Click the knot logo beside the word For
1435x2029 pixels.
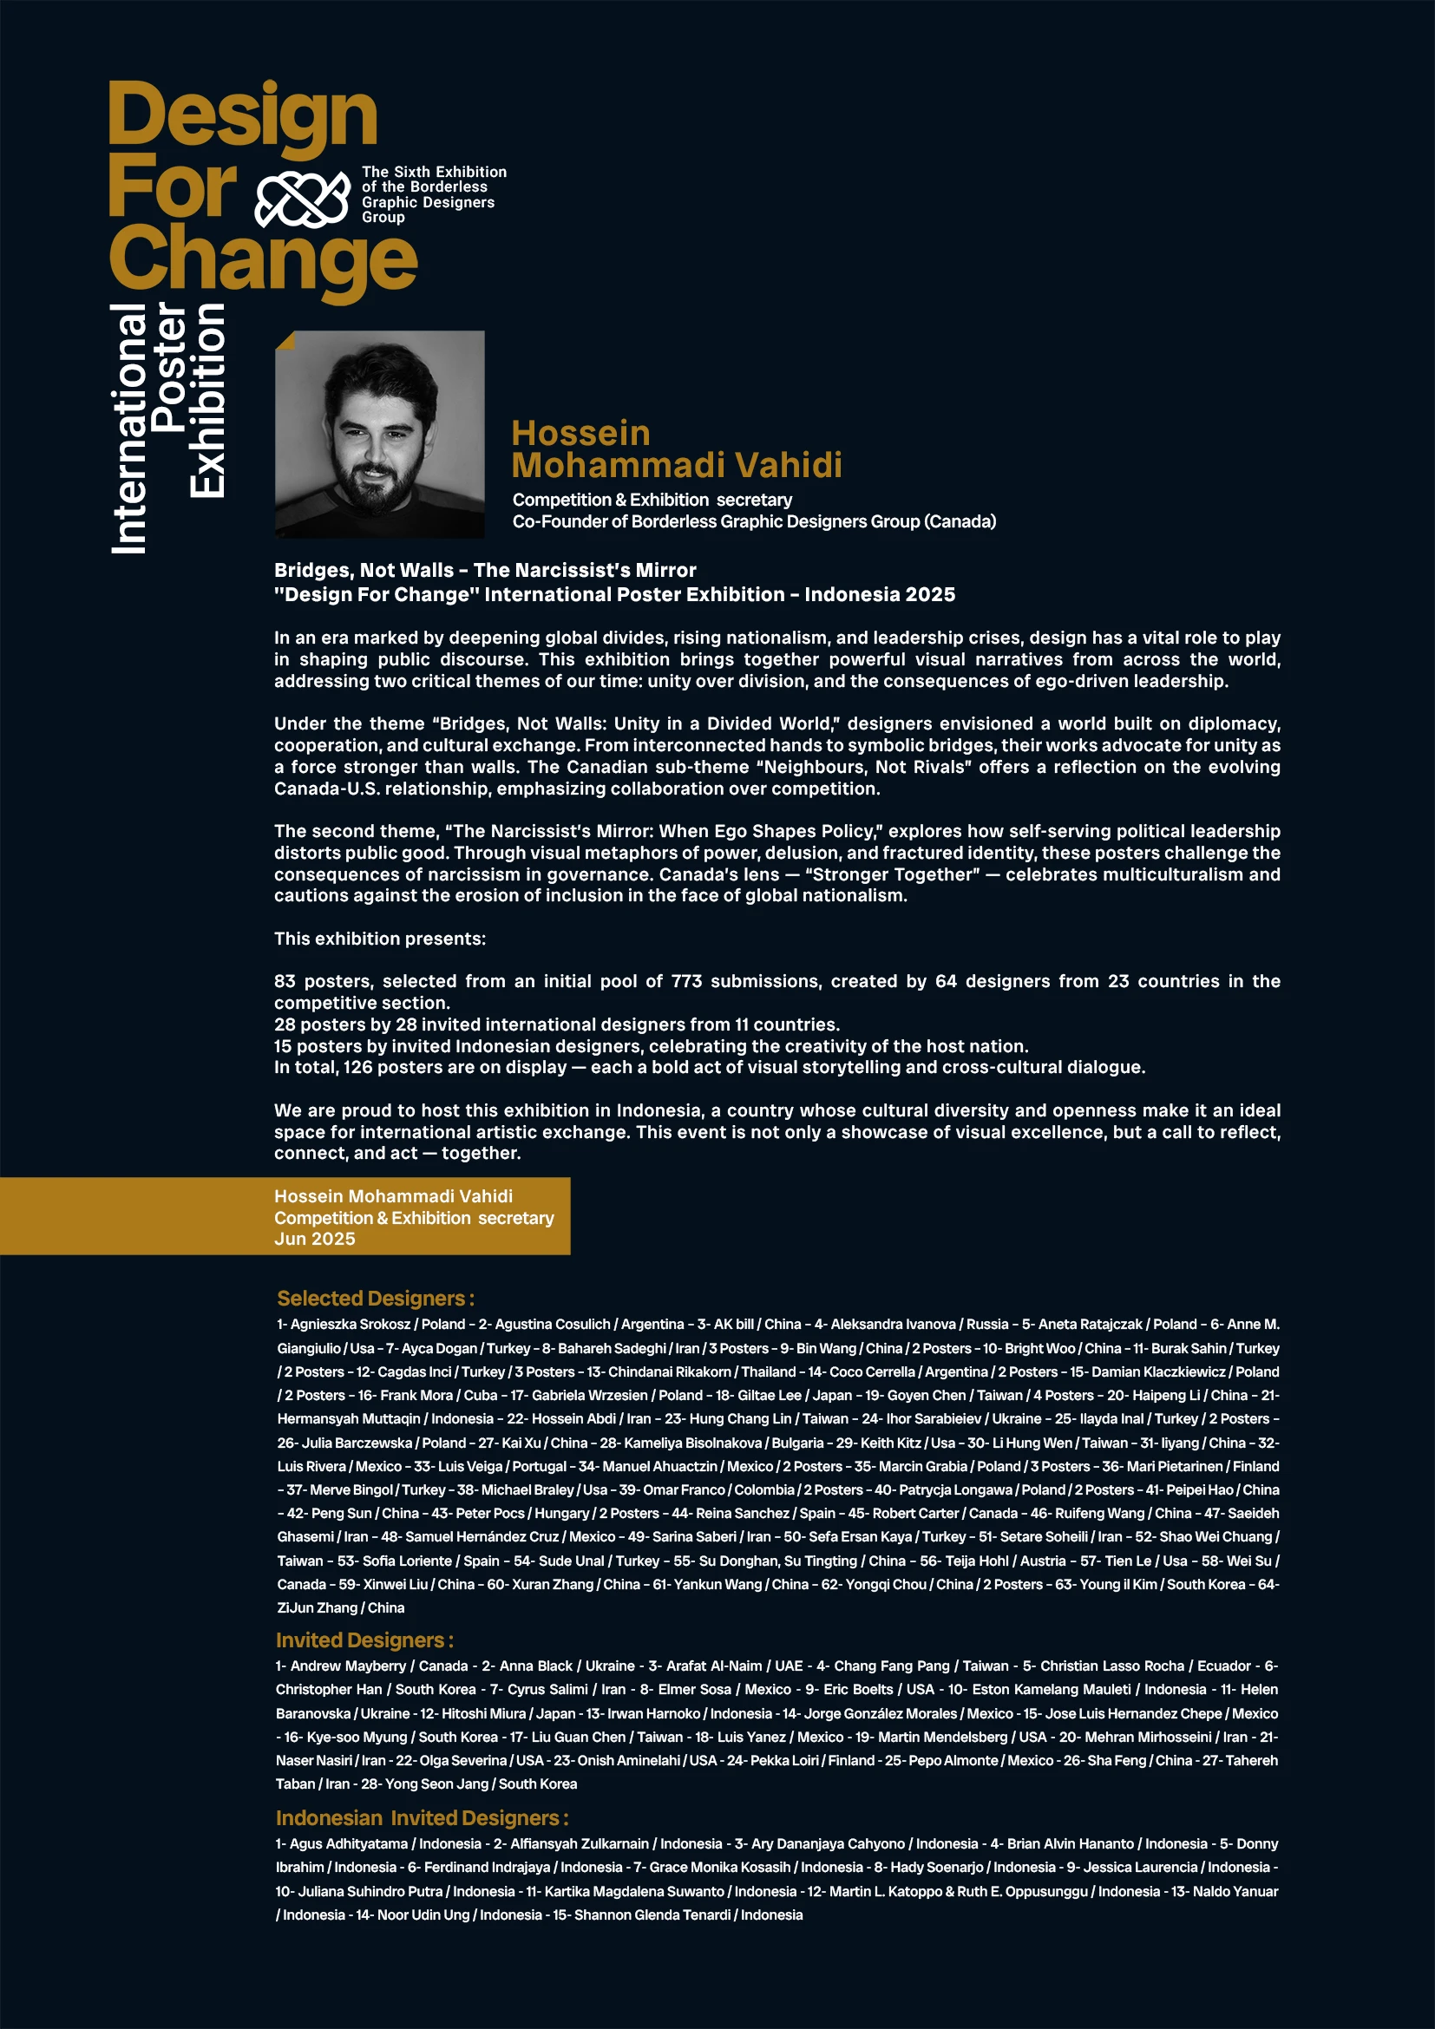coord(302,198)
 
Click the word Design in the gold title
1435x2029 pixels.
coord(242,117)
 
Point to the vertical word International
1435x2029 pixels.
coord(129,429)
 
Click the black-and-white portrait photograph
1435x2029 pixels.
coord(380,435)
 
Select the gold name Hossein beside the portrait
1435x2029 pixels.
coord(580,434)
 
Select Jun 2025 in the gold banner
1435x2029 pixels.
coord(315,1239)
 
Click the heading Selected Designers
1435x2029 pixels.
coord(375,1299)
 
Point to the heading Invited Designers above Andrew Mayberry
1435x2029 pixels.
coord(364,1640)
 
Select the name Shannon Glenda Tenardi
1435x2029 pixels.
coord(652,1915)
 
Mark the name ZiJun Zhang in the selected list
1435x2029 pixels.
coord(317,1607)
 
